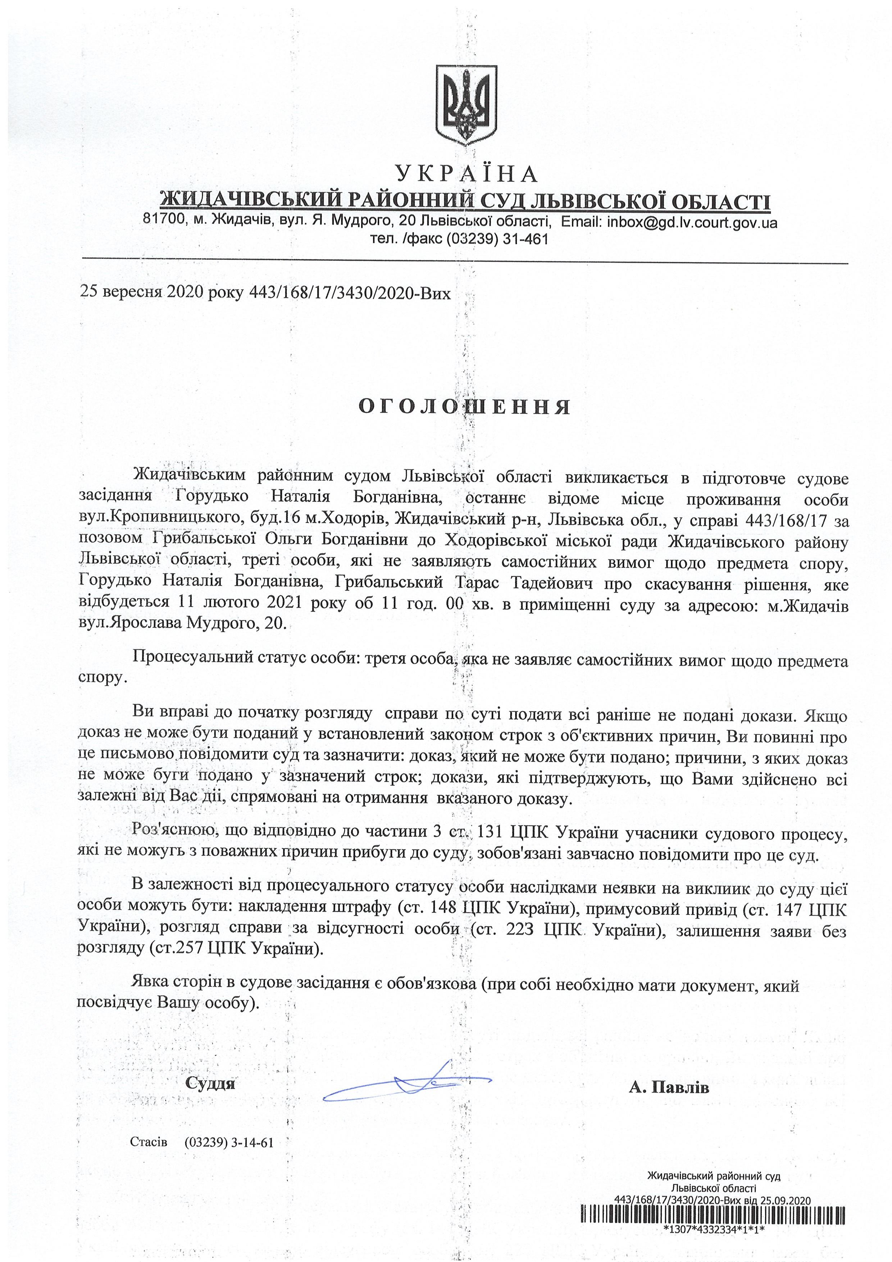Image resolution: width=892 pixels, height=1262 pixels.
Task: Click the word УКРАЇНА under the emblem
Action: [466, 174]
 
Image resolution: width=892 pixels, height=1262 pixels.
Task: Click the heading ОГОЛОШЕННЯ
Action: [465, 407]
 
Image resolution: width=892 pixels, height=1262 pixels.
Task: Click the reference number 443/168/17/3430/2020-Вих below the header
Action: [350, 292]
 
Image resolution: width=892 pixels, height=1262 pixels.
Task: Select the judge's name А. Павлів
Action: [669, 1087]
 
